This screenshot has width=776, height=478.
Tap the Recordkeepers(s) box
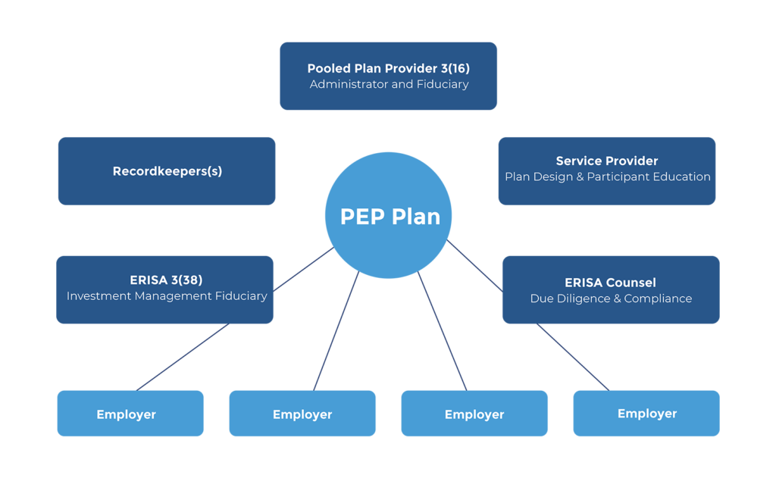(x=167, y=171)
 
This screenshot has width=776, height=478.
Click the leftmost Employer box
(x=130, y=414)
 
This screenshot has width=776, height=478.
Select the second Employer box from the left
(x=302, y=414)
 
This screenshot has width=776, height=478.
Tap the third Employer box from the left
(x=474, y=414)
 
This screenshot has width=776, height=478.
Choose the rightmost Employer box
(x=646, y=413)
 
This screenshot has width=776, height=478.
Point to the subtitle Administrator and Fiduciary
(x=389, y=84)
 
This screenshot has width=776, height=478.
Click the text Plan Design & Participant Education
(x=607, y=177)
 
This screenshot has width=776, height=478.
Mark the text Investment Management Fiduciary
(x=167, y=296)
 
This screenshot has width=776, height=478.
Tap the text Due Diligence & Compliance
(x=611, y=298)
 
